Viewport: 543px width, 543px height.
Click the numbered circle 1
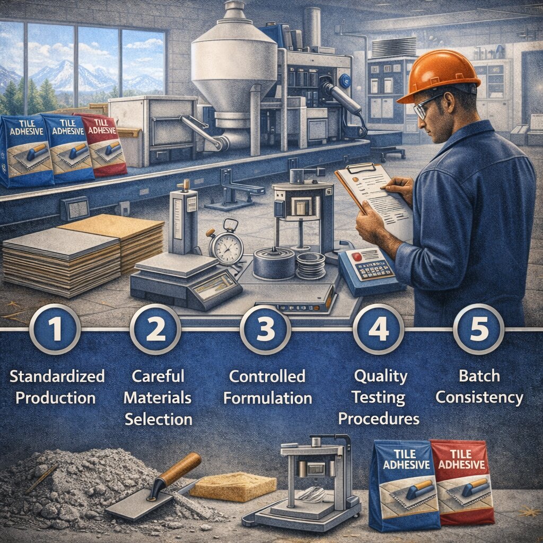55,329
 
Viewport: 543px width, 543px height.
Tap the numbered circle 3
265,329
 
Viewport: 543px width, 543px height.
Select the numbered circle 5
478,329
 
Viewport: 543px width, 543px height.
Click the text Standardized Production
57,387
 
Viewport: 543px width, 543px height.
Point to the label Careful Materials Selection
158,398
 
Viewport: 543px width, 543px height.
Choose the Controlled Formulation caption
267,387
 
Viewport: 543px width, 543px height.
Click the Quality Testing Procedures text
379,398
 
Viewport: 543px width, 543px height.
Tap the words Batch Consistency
479,387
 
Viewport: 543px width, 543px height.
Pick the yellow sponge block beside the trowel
233,486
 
